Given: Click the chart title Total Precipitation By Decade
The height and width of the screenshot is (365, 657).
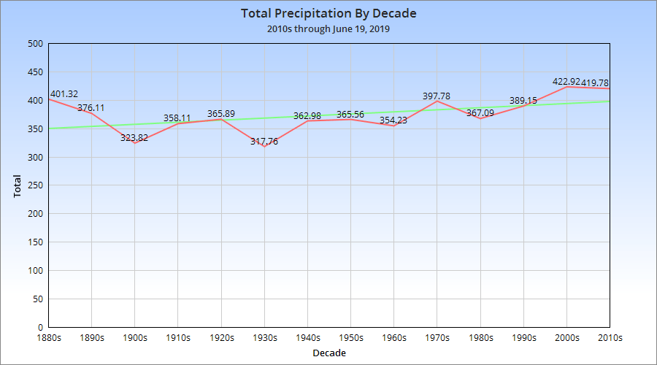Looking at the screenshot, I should point(328,14).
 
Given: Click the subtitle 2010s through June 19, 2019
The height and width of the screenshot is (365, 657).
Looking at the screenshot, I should point(328,29).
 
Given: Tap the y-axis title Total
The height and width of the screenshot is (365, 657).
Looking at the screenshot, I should point(18,185).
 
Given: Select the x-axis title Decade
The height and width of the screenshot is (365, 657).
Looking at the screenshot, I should point(328,353).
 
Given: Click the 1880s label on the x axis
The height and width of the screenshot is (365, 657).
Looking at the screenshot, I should point(49,338).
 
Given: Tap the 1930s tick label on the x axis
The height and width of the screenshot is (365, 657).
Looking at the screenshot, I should point(264,338).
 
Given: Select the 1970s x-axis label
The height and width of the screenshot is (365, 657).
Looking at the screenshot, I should point(437,338).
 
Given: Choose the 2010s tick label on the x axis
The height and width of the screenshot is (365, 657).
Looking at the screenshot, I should point(609,338).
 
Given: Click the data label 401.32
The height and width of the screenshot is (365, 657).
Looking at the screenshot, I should point(64,94).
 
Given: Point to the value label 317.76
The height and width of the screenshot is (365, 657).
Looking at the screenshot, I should point(264,142).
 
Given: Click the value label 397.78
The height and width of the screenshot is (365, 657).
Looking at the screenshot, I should point(437,96).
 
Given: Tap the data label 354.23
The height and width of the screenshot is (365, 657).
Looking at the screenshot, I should point(394,120).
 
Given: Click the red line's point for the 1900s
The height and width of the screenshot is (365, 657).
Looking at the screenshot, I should point(135,143).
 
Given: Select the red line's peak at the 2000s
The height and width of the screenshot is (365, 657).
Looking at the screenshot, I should point(566,87).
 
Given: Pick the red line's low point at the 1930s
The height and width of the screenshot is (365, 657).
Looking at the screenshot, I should point(264,147).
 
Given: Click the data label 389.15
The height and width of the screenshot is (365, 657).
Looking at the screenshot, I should point(523,101).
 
